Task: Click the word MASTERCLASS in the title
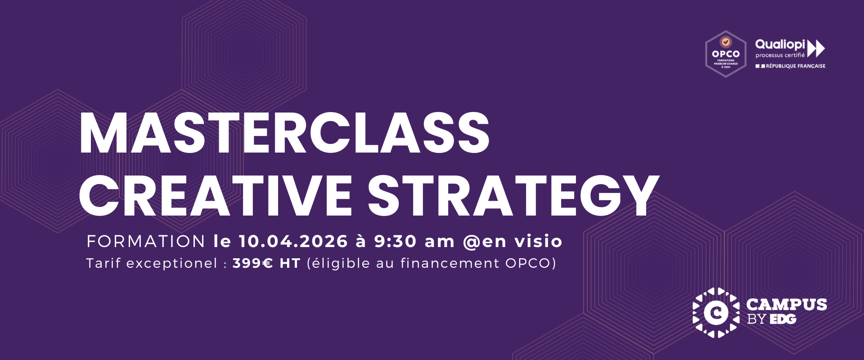click(x=284, y=134)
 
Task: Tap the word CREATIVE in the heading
click(x=216, y=196)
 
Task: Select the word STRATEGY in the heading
click(x=513, y=196)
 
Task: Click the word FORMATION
click(x=146, y=242)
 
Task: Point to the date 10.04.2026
click(x=293, y=242)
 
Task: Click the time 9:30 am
click(x=414, y=242)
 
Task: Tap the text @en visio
click(x=513, y=242)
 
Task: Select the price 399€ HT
click(x=266, y=263)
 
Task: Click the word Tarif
click(x=103, y=263)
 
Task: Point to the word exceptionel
click(x=172, y=263)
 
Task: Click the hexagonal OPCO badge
click(x=725, y=54)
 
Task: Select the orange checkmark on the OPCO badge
click(x=725, y=42)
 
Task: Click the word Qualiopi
click(x=780, y=45)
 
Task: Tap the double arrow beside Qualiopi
click(x=816, y=48)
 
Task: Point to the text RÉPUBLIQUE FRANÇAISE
click(x=795, y=66)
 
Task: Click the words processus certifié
click(x=780, y=55)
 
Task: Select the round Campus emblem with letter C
click(x=715, y=312)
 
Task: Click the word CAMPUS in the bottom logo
click(x=786, y=305)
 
